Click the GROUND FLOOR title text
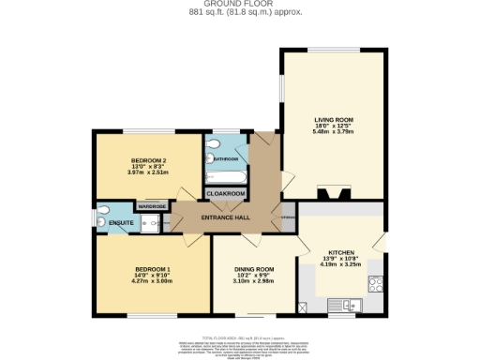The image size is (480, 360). click(x=240, y=4)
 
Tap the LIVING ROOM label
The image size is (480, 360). click(x=333, y=120)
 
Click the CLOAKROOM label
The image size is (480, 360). click(x=226, y=193)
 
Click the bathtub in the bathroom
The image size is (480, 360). click(x=226, y=175)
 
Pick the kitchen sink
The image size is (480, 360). click(x=349, y=304)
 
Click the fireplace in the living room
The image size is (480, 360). click(x=333, y=193)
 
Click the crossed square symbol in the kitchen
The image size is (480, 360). click(x=303, y=307)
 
